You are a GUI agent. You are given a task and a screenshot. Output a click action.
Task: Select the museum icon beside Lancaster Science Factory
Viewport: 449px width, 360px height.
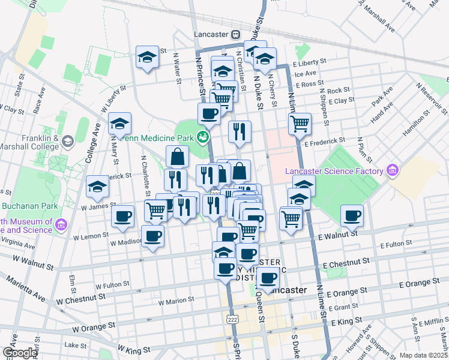coord(393,172)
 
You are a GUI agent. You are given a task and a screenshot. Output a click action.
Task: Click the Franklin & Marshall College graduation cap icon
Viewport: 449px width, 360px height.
coord(67,142)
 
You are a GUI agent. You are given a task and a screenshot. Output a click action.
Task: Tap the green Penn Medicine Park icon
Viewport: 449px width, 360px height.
coord(203,138)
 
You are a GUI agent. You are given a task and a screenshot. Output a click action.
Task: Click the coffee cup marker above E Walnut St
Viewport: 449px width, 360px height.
coord(352,215)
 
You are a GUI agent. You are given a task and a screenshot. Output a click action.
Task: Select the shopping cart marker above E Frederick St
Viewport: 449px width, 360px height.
coord(300,124)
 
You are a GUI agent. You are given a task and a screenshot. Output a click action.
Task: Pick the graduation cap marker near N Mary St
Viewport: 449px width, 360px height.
coord(119,124)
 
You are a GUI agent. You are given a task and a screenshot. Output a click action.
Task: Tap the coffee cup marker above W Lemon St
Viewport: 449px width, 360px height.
coord(122,215)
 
